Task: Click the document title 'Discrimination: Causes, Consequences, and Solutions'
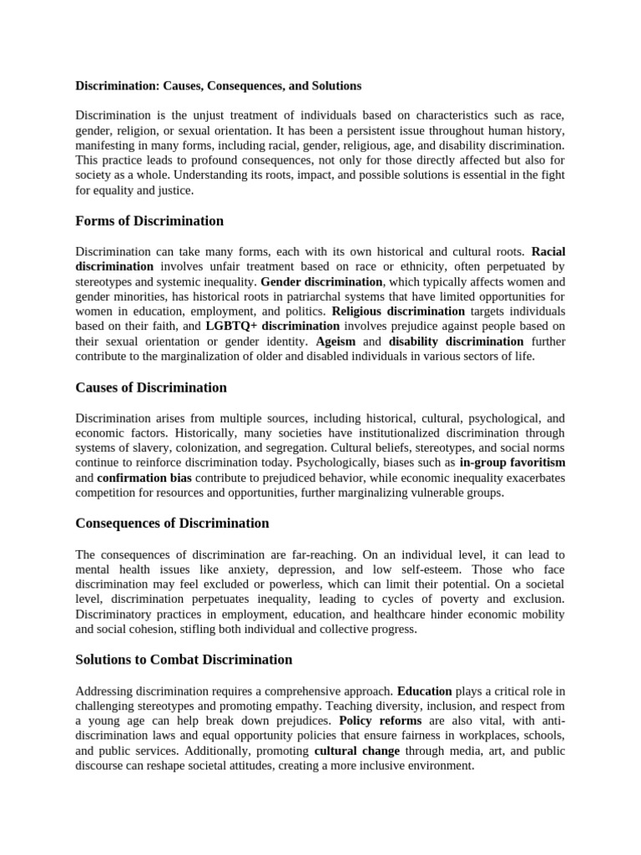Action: [218, 85]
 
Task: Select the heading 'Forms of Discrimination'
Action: [149, 221]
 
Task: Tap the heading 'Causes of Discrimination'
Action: [151, 387]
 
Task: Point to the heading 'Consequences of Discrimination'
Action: [172, 523]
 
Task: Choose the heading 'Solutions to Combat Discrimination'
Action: [184, 660]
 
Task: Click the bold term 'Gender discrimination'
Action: [321, 281]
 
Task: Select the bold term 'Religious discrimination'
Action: [392, 311]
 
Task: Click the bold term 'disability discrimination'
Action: [456, 341]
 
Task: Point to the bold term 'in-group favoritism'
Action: [512, 462]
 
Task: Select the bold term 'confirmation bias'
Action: [144, 478]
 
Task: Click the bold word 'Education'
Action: [424, 691]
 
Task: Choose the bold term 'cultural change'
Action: [345, 751]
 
